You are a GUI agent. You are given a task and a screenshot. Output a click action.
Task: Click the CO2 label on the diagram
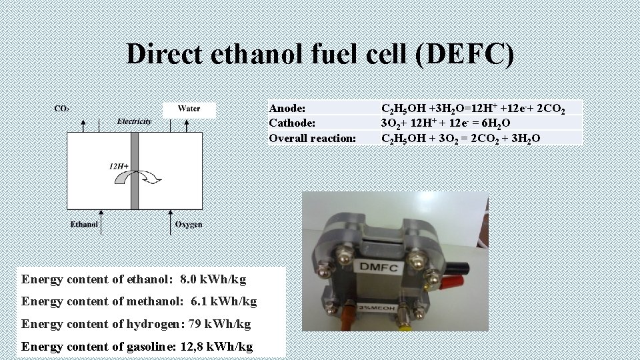coord(62,108)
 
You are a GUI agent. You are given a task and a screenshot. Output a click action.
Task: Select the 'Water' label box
coord(189,109)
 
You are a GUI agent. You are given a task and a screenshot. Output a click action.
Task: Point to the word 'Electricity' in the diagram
coord(134,121)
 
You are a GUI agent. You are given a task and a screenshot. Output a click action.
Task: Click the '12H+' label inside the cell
coord(119,165)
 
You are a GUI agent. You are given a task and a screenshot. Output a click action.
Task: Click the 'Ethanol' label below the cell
coord(84,225)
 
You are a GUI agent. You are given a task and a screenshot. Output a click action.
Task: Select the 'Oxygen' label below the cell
coord(188,225)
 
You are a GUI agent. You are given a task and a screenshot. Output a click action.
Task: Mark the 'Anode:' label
coord(287,108)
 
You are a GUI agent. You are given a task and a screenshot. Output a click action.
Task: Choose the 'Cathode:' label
coord(293,123)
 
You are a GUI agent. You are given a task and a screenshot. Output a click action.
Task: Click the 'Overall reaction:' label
coord(313,138)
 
